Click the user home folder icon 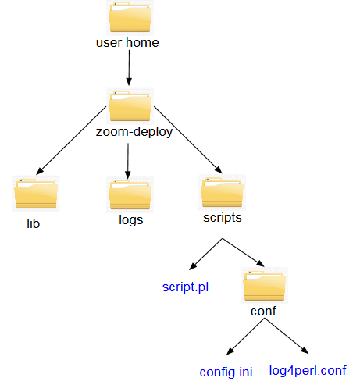[x=130, y=17]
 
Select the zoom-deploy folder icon [x=130, y=106]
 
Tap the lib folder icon [x=36, y=194]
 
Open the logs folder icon [x=130, y=194]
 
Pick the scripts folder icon [x=222, y=192]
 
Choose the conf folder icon [x=264, y=285]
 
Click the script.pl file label [x=185, y=287]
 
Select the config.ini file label [x=226, y=372]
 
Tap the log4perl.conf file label [x=308, y=371]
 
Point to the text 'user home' [x=127, y=42]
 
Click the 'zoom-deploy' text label [x=134, y=132]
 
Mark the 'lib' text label [x=33, y=223]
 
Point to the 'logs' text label [x=131, y=220]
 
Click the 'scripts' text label [x=223, y=218]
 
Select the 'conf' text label [x=263, y=311]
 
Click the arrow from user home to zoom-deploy [x=129, y=68]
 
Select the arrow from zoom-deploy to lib [x=71, y=141]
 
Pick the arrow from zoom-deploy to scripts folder [x=188, y=140]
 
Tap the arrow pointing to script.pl [x=205, y=254]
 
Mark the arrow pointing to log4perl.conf [x=287, y=336]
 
